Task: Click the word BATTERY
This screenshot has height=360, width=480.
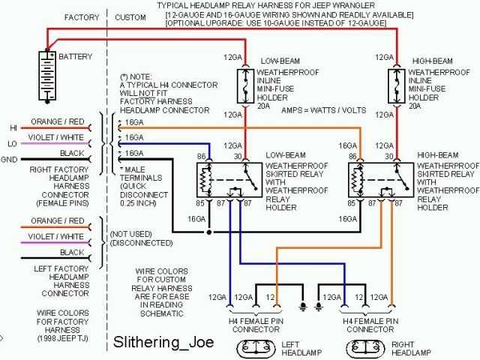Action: click(76, 56)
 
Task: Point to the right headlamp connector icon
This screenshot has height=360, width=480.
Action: click(368, 348)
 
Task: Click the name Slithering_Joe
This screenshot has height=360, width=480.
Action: click(163, 342)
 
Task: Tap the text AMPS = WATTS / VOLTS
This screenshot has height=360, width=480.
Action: click(318, 109)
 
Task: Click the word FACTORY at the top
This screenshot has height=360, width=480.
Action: click(81, 16)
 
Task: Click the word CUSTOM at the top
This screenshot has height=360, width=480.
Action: click(130, 16)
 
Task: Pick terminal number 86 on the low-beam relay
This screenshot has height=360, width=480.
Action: click(202, 156)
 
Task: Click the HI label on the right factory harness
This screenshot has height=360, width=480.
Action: click(13, 127)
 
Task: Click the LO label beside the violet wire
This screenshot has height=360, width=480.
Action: click(13, 143)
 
